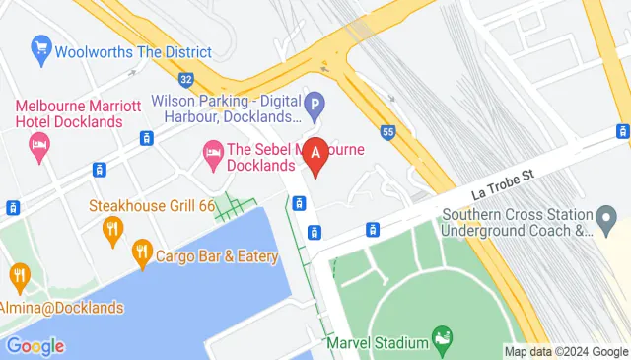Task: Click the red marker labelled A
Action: pyautogui.click(x=315, y=154)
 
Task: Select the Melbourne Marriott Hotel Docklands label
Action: pyautogui.click(x=69, y=112)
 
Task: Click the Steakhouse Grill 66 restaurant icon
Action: pyautogui.click(x=112, y=229)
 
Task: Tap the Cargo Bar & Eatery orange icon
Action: pyautogui.click(x=142, y=255)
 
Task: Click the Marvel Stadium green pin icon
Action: pyautogui.click(x=442, y=340)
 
